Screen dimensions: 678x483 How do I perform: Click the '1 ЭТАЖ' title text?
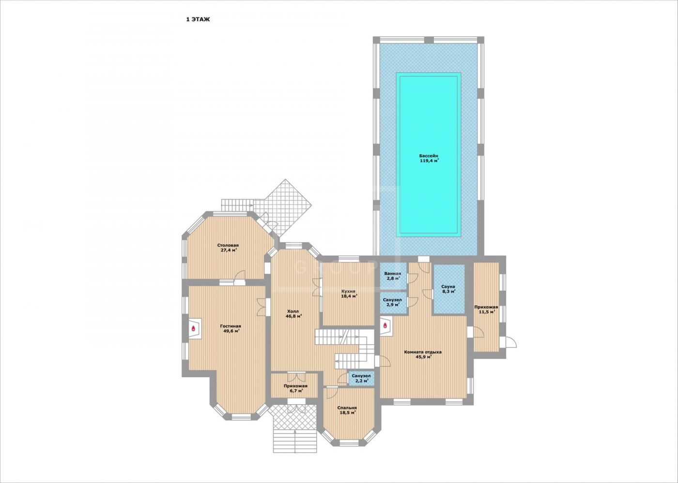[x=198, y=19]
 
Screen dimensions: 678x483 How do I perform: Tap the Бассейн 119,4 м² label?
[x=429, y=158]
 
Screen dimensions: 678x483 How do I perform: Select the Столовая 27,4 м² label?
[x=228, y=248]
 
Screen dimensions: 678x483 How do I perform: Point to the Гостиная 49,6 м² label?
[x=231, y=328]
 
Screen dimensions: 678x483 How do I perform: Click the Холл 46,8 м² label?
[x=293, y=313]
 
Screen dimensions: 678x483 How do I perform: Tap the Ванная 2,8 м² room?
[x=393, y=276]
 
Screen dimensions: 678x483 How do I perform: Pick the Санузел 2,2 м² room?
[x=361, y=378]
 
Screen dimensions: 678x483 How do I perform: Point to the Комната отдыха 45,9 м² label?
[x=423, y=354]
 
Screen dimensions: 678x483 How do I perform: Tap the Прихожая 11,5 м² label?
[x=486, y=309]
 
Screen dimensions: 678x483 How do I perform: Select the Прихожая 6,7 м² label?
[x=295, y=388]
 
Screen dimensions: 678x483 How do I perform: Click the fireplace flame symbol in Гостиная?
[x=193, y=328]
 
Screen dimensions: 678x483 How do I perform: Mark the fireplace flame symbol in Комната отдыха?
[x=385, y=325]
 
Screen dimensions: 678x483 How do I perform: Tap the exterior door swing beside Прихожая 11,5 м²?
[x=511, y=342]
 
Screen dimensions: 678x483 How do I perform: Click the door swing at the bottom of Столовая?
[x=241, y=275]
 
